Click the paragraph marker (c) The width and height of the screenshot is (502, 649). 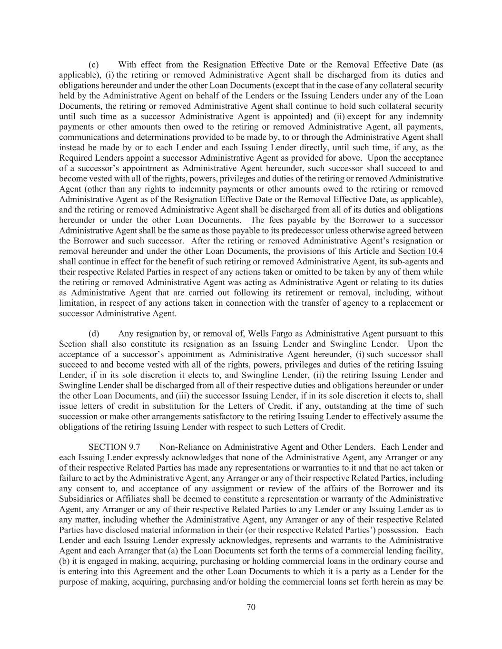pos(94,65)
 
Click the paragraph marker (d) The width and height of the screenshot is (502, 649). pos(94,334)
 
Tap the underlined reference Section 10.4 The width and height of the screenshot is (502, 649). pos(420,252)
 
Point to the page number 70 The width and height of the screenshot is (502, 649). pos(251,607)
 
